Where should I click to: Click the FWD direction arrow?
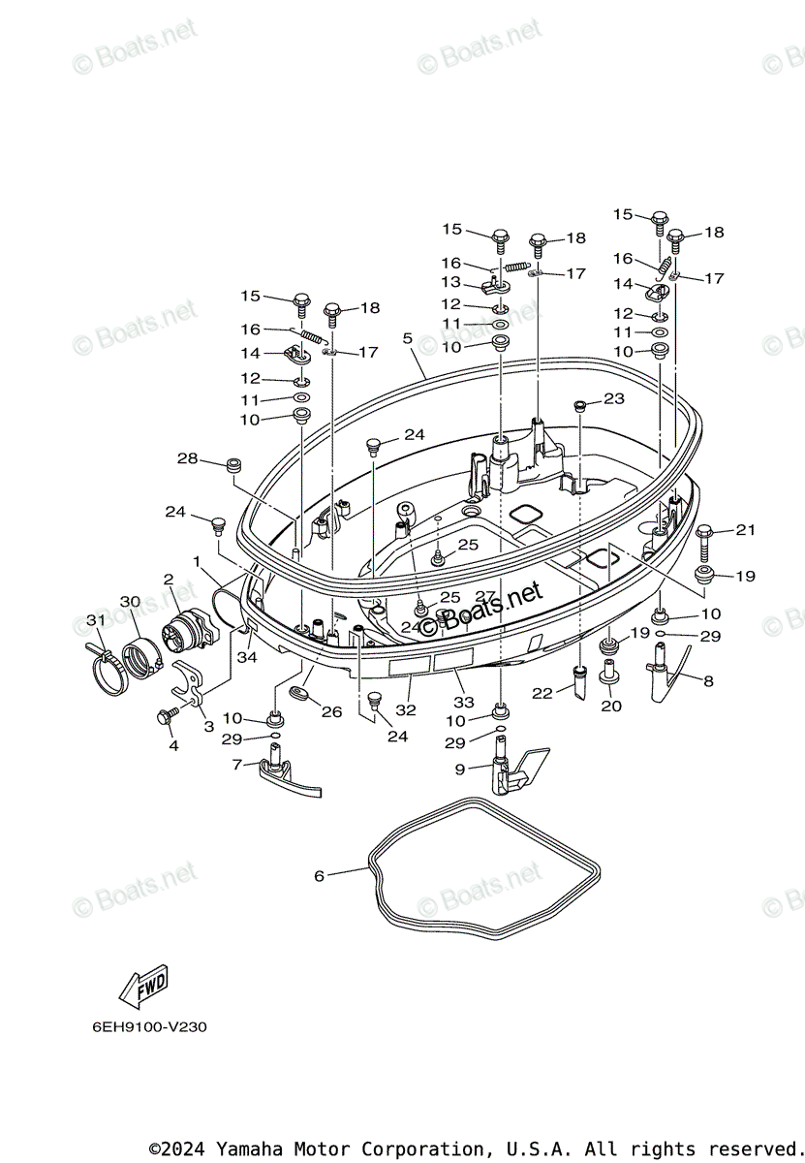[143, 985]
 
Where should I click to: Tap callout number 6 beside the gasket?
[319, 876]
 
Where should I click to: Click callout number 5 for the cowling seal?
[407, 338]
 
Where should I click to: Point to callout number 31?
[94, 620]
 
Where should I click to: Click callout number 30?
[130, 602]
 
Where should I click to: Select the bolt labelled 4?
[167, 716]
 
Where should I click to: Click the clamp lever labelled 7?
[287, 775]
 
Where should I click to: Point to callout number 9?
[461, 769]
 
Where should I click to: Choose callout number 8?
[708, 681]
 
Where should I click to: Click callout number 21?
[745, 530]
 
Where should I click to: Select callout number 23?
[614, 398]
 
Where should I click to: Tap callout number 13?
[451, 282]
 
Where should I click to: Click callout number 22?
[542, 692]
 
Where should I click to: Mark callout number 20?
[610, 707]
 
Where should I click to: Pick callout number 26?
[332, 712]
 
